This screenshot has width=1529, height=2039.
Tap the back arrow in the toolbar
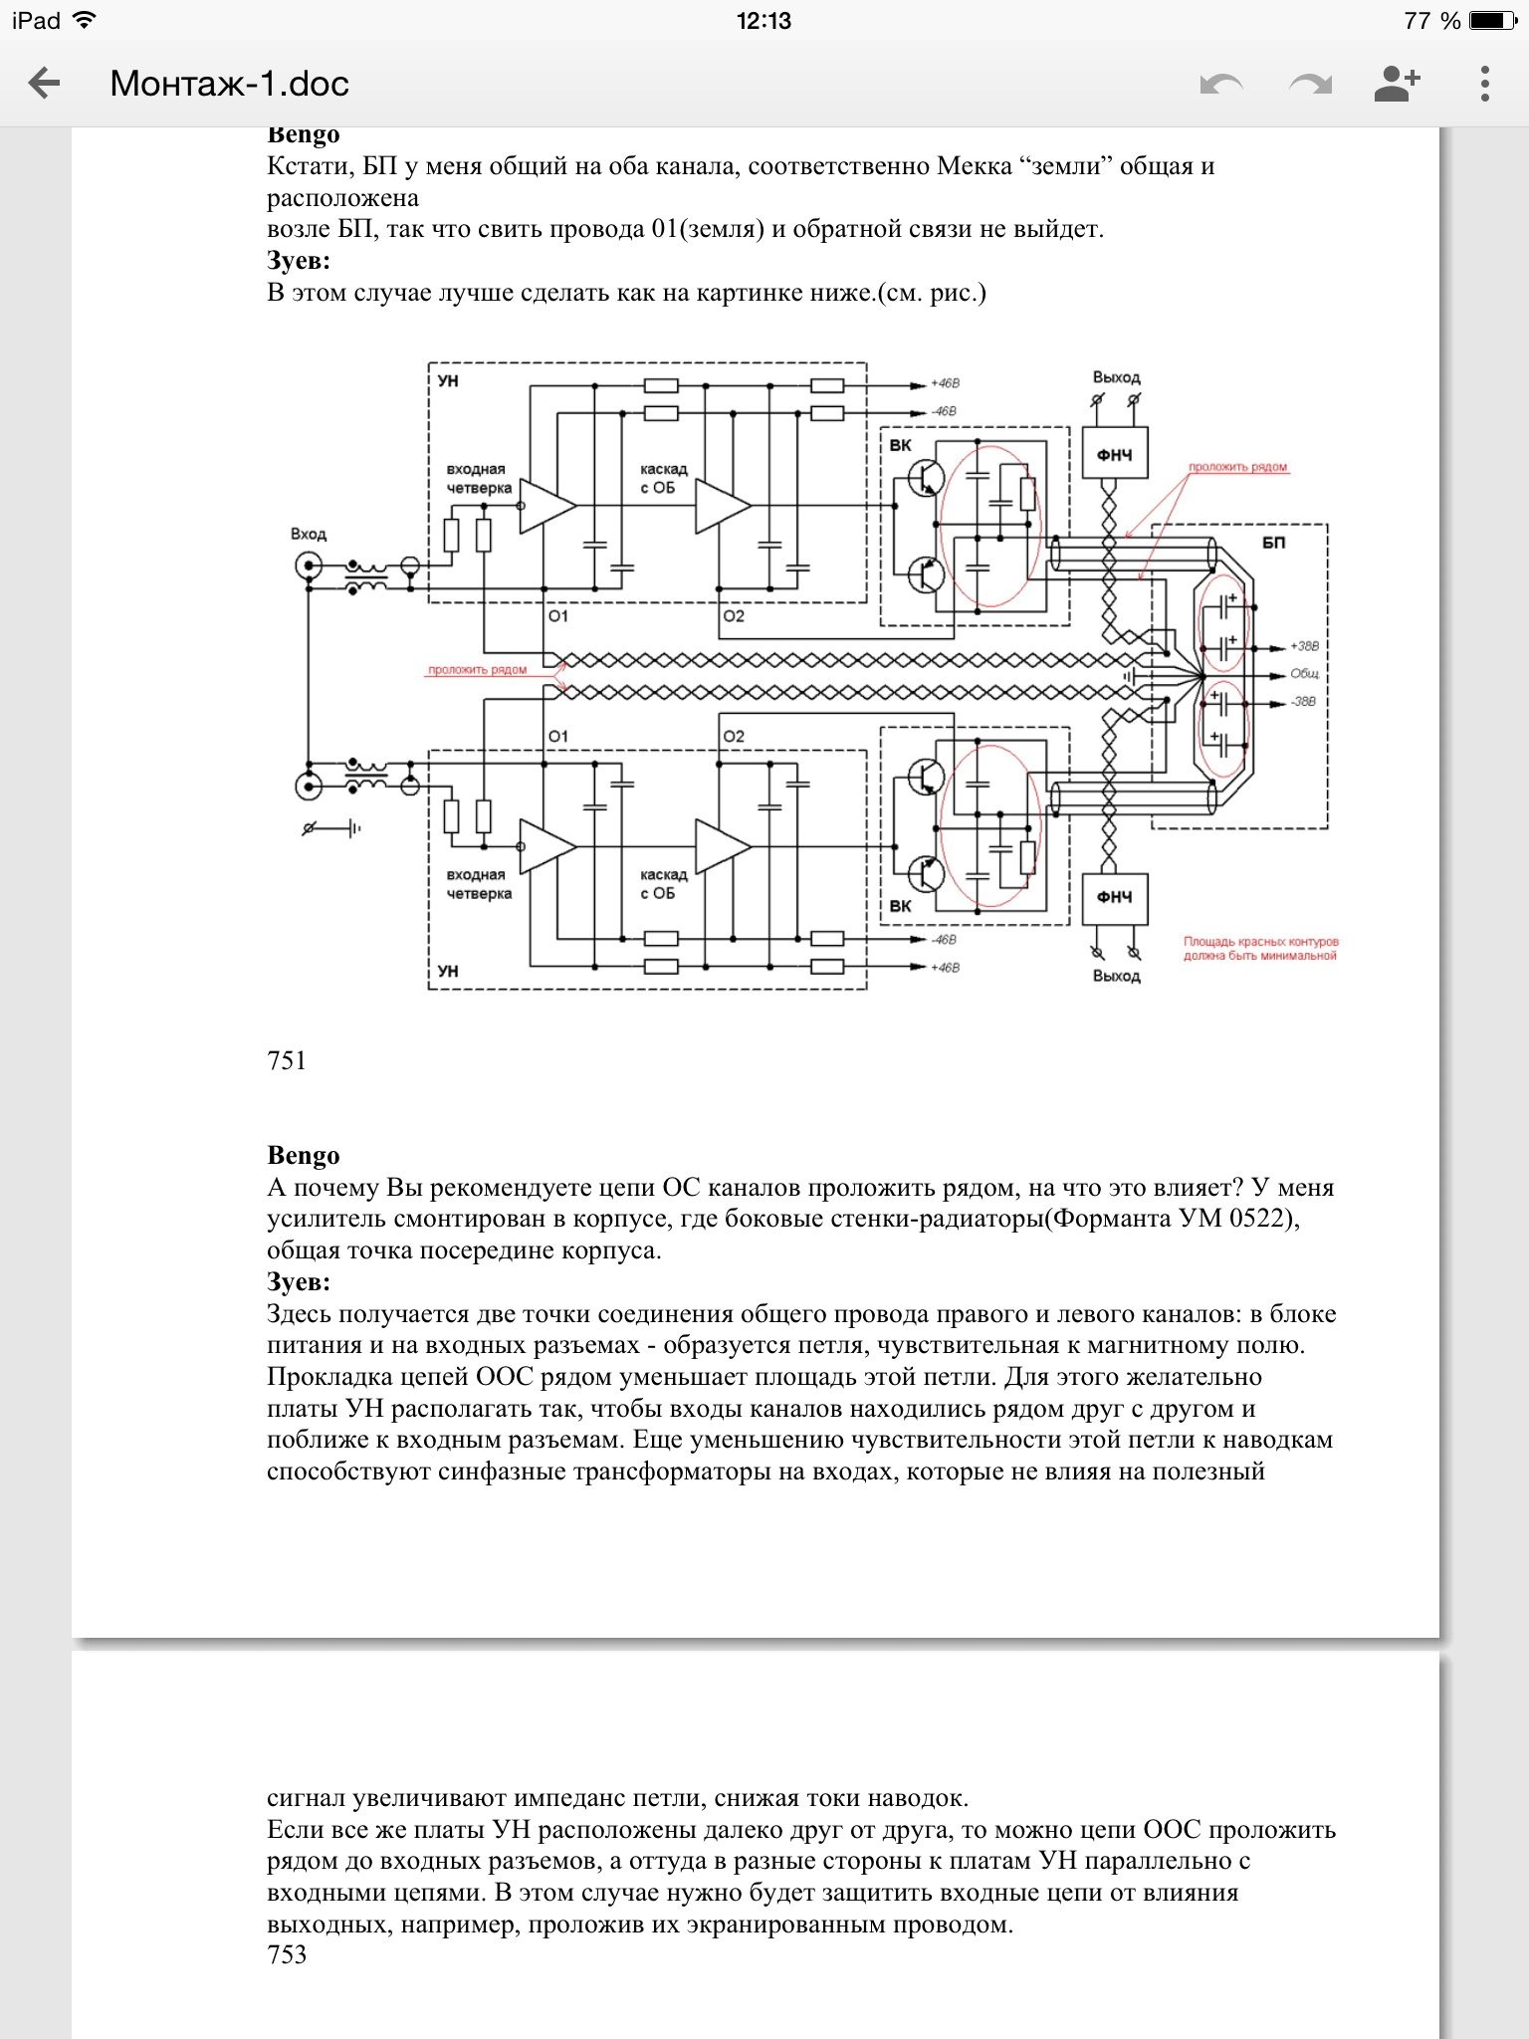[45, 84]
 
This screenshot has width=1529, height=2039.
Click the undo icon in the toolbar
[1221, 85]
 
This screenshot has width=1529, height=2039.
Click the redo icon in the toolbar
[1310, 85]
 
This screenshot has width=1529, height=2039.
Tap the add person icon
[1397, 84]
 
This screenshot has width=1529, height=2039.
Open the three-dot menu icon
[1484, 84]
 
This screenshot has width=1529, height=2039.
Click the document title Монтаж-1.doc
[229, 84]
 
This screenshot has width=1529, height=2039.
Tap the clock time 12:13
[764, 21]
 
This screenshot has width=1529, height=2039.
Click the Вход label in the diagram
[309, 535]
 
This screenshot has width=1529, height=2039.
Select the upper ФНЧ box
[1115, 455]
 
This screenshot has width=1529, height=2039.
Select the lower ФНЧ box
[1115, 897]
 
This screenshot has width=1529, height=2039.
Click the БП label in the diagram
[1273, 544]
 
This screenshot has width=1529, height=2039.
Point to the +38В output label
[1304, 646]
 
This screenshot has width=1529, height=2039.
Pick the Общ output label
[1304, 674]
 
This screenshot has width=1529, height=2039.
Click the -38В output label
[1304, 702]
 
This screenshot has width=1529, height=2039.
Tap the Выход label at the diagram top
[1116, 378]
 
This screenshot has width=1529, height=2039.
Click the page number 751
[287, 1060]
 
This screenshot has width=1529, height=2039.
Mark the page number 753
[287, 1954]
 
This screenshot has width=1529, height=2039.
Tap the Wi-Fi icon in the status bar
[85, 21]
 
